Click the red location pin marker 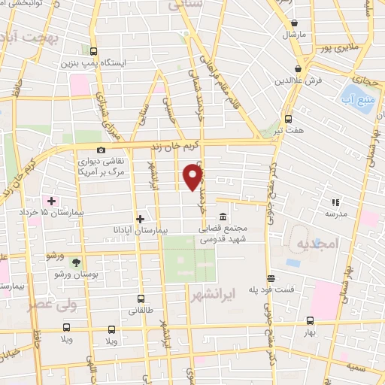click(x=194, y=177)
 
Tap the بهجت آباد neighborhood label click(x=29, y=36)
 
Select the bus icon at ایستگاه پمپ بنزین click(x=93, y=52)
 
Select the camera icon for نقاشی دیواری click(x=102, y=150)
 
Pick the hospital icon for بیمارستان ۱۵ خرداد click(x=51, y=201)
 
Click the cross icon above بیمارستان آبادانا click(x=140, y=218)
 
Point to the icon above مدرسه click(x=335, y=202)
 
